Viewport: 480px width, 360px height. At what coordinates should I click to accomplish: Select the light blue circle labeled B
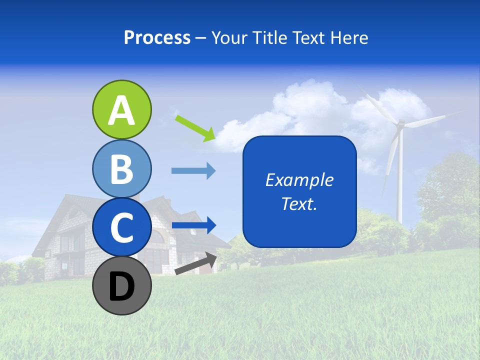coord(121,169)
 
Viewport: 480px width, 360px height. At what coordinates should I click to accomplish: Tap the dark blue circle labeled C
coord(121,227)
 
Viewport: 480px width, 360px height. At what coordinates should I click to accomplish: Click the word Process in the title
coord(157,37)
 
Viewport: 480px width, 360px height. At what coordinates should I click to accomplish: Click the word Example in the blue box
coord(299,180)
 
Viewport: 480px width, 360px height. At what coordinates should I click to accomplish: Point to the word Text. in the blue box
coord(299,203)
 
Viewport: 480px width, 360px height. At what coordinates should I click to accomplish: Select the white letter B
coord(121,169)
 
